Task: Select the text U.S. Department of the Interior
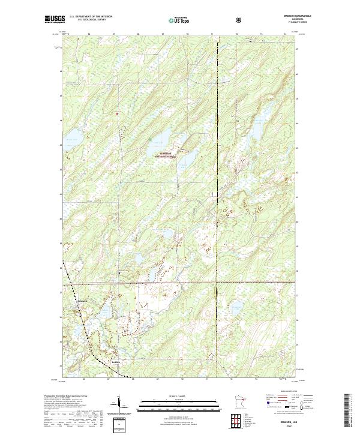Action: coord(91,17)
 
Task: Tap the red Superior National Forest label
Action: coord(165,154)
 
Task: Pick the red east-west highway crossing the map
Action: coord(180,282)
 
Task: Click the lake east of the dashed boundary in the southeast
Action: coord(235,310)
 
